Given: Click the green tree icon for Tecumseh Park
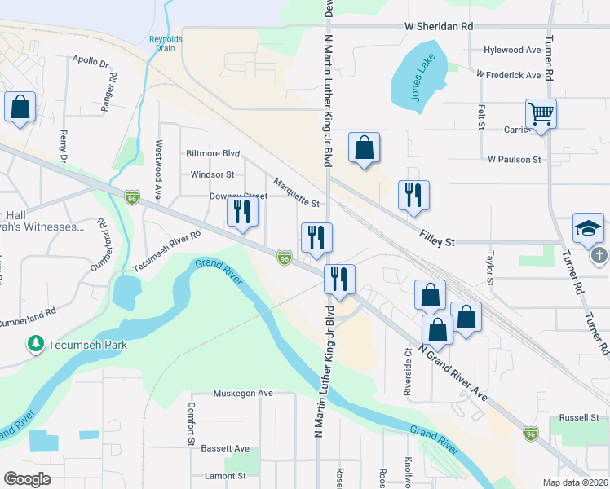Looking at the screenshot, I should pyautogui.click(x=36, y=345).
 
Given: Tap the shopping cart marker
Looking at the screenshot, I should pyautogui.click(x=541, y=114).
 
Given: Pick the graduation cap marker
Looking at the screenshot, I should pyautogui.click(x=588, y=229).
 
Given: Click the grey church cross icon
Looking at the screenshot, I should pyautogui.click(x=599, y=256).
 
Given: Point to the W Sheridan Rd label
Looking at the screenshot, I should pyautogui.click(x=439, y=26).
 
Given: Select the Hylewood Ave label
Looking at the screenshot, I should pyautogui.click(x=511, y=50).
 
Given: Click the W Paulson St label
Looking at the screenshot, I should pyautogui.click(x=515, y=160).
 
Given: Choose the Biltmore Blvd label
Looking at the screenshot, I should pyautogui.click(x=213, y=153).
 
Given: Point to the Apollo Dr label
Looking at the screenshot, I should pyautogui.click(x=91, y=60).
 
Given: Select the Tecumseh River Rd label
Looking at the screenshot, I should pyautogui.click(x=166, y=250).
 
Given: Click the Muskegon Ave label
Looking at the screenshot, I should pyautogui.click(x=243, y=393).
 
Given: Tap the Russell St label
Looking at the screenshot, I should pyautogui.click(x=580, y=418).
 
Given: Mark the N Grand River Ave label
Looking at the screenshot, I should pyautogui.click(x=453, y=372).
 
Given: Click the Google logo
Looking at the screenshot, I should pyautogui.click(x=27, y=478).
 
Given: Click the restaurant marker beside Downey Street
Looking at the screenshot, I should pyautogui.click(x=242, y=211).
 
